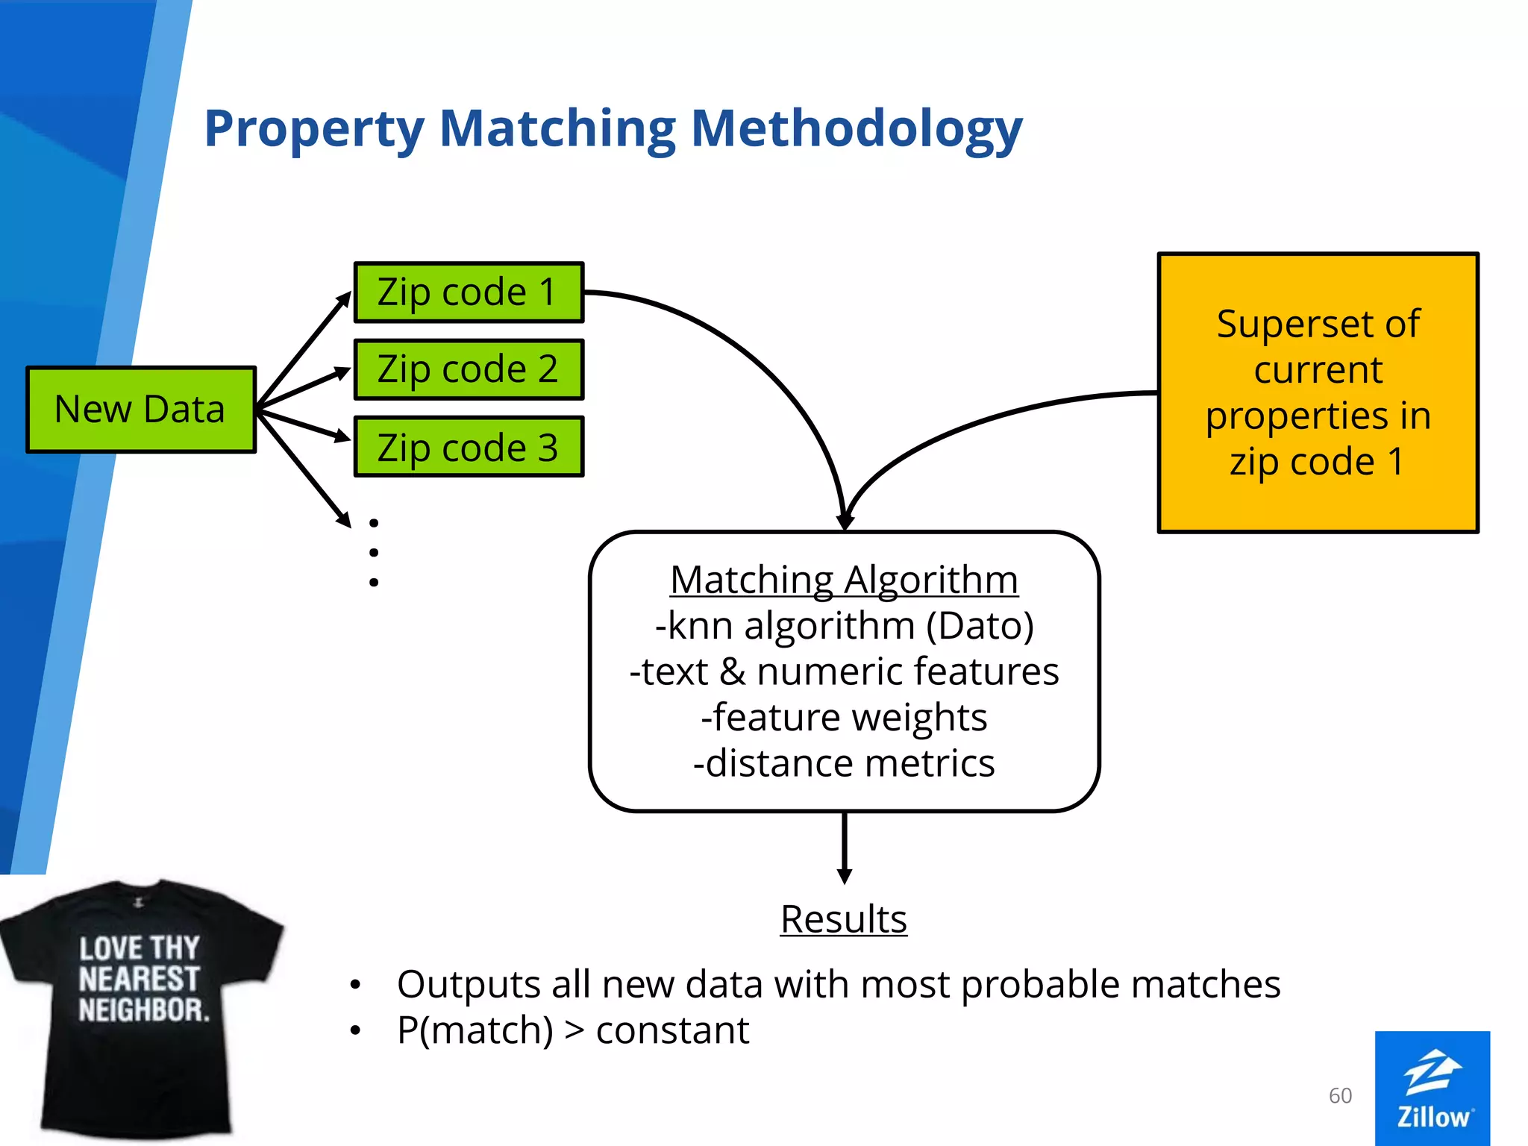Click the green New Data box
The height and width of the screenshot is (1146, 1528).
[140, 410]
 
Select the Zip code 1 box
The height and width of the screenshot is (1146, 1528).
[468, 292]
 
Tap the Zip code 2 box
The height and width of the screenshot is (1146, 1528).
[468, 370]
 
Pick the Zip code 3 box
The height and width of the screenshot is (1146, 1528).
[468, 448]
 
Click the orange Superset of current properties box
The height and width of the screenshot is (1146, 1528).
[1318, 392]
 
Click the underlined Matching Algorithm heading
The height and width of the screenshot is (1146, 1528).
[844, 580]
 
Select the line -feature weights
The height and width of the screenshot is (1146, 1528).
[844, 718]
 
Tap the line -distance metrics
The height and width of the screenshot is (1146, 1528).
[844, 764]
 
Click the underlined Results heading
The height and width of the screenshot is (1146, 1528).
[844, 919]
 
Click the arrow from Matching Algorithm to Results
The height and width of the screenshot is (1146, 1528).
[845, 847]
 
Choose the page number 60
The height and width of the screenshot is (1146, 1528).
[1340, 1095]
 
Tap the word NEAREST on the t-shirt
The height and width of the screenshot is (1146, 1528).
[139, 979]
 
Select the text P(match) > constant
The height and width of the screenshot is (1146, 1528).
[573, 1031]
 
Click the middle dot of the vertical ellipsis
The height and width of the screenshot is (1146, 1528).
[374, 553]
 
